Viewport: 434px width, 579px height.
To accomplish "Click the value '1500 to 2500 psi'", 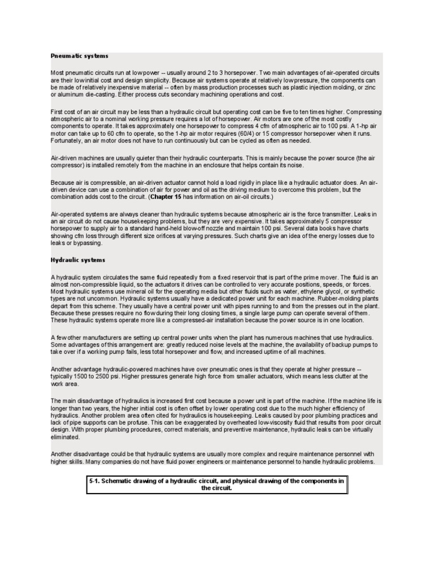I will (x=96, y=375).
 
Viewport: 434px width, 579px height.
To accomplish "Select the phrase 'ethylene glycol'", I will (x=294, y=292).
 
